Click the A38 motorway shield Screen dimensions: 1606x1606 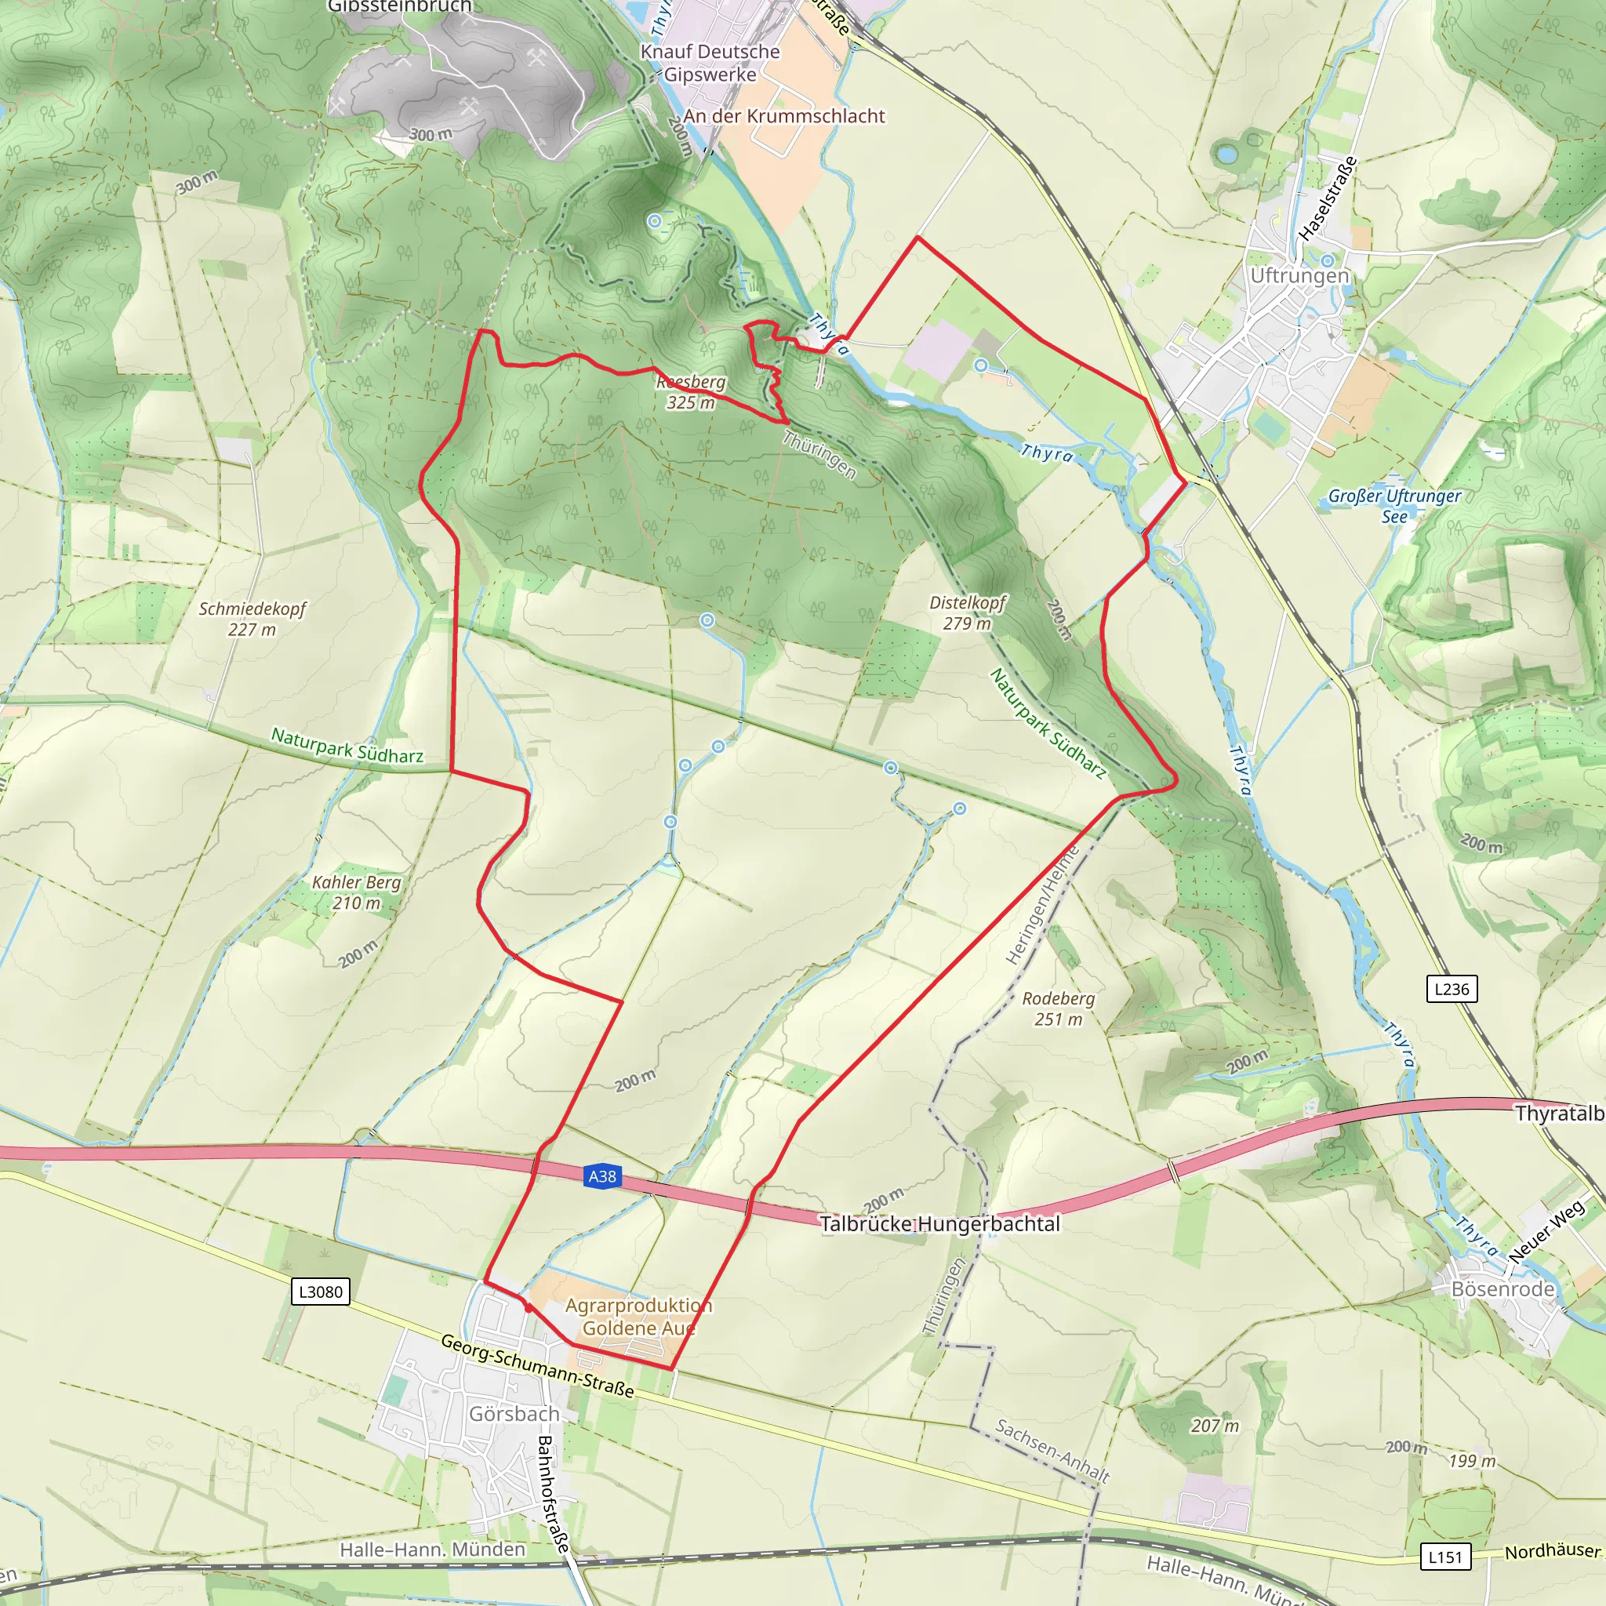click(x=601, y=1176)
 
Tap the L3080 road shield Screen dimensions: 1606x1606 click(x=320, y=1292)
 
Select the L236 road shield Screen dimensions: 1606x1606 click(x=1452, y=989)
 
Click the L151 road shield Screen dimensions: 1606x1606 click(x=1444, y=1556)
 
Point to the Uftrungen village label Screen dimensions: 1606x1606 click(x=1299, y=276)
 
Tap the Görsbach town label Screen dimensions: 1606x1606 click(x=514, y=1414)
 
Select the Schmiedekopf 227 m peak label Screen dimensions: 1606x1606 click(x=252, y=620)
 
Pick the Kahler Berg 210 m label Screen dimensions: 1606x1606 click(x=357, y=892)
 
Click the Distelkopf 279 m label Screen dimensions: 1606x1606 click(x=968, y=612)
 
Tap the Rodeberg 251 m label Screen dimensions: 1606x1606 click(x=1058, y=1008)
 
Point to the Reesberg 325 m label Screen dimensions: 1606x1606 click(x=691, y=392)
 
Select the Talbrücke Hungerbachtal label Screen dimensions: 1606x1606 click(x=939, y=1223)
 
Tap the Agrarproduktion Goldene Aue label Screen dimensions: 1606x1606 click(x=638, y=1317)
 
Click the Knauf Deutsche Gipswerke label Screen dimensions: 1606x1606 click(x=710, y=64)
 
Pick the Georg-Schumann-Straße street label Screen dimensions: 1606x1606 click(x=537, y=1366)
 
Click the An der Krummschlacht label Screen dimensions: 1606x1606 click(x=784, y=116)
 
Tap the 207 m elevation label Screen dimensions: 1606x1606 click(x=1215, y=1426)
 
